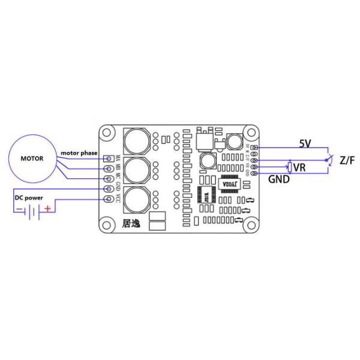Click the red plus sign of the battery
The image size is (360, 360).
coord(47,209)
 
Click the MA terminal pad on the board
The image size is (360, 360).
coord(109,158)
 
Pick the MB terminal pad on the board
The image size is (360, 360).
coord(109,169)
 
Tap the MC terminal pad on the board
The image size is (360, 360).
coord(109,178)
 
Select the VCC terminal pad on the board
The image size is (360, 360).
coord(109,199)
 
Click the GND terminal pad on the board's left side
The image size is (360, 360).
coord(109,189)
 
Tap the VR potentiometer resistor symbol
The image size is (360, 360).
coord(290,167)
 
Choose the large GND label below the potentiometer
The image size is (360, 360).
coord(280,179)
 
